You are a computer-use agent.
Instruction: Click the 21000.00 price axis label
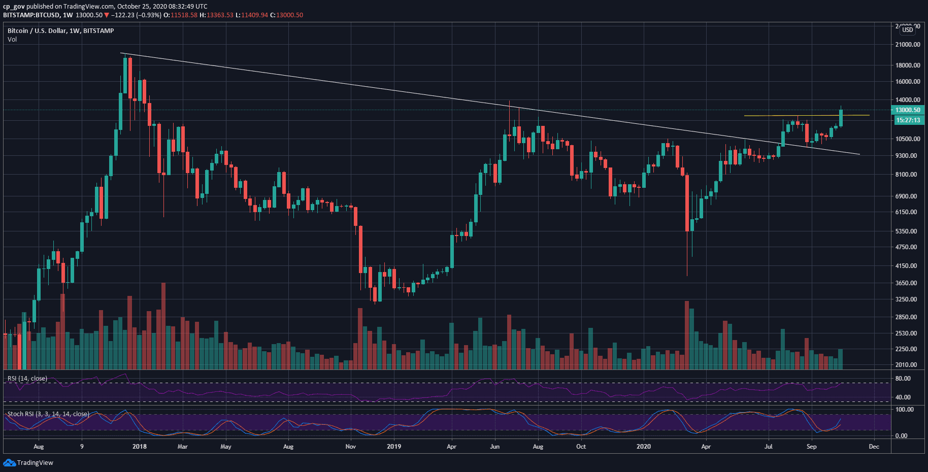pyautogui.click(x=908, y=45)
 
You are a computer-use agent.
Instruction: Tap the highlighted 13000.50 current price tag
pyautogui.click(x=908, y=110)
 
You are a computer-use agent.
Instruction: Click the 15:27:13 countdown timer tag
pyautogui.click(x=908, y=120)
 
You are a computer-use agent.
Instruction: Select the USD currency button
pyautogui.click(x=908, y=30)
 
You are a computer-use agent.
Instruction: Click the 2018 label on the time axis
pyautogui.click(x=139, y=447)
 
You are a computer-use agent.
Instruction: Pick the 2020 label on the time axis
pyautogui.click(x=643, y=447)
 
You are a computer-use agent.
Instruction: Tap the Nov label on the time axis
pyautogui.click(x=350, y=447)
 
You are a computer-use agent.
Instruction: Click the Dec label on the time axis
pyautogui.click(x=874, y=447)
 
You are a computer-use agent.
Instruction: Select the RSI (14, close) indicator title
pyautogui.click(x=27, y=379)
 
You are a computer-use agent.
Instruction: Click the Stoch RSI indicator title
pyautogui.click(x=48, y=414)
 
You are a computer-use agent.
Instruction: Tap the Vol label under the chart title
pyautogui.click(x=12, y=40)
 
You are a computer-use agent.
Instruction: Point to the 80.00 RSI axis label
pyautogui.click(x=903, y=379)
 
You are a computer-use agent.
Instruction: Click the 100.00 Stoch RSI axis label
pyautogui.click(x=904, y=410)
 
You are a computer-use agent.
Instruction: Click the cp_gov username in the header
pyautogui.click(x=14, y=7)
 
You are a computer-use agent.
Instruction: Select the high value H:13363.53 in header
pyautogui.click(x=216, y=15)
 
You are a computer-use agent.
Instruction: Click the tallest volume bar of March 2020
pyautogui.click(x=687, y=335)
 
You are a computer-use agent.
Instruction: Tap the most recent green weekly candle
pyautogui.click(x=841, y=118)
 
